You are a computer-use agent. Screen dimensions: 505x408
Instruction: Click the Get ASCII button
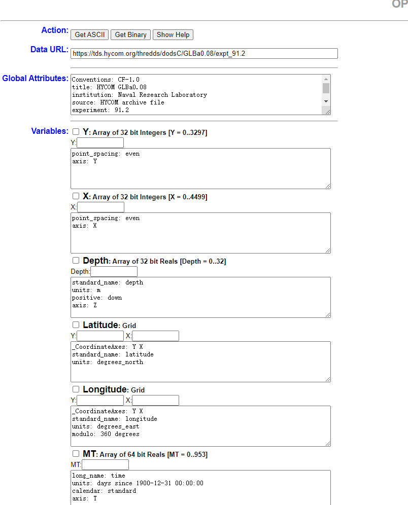90,34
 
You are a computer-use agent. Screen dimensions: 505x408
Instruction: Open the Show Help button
173,34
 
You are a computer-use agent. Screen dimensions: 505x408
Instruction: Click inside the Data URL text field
204,53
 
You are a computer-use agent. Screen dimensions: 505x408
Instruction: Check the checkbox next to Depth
76,260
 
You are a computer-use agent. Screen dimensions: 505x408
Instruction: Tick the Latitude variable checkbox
76,324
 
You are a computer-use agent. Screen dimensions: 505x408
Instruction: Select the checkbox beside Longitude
76,389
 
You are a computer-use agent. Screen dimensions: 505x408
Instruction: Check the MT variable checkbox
76,453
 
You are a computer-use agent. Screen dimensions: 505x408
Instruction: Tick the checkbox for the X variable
76,196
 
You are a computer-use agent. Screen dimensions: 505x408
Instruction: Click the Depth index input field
114,272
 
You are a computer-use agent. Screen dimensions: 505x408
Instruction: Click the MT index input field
105,465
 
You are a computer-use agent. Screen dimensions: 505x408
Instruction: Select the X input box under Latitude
155,336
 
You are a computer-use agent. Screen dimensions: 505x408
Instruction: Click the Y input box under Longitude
100,401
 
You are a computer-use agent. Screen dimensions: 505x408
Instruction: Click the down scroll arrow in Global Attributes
326,101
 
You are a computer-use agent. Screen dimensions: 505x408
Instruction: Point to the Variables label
50,131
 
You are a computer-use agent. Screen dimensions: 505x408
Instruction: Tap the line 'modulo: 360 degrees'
106,434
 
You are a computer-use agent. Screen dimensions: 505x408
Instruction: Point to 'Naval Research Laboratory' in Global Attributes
162,95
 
